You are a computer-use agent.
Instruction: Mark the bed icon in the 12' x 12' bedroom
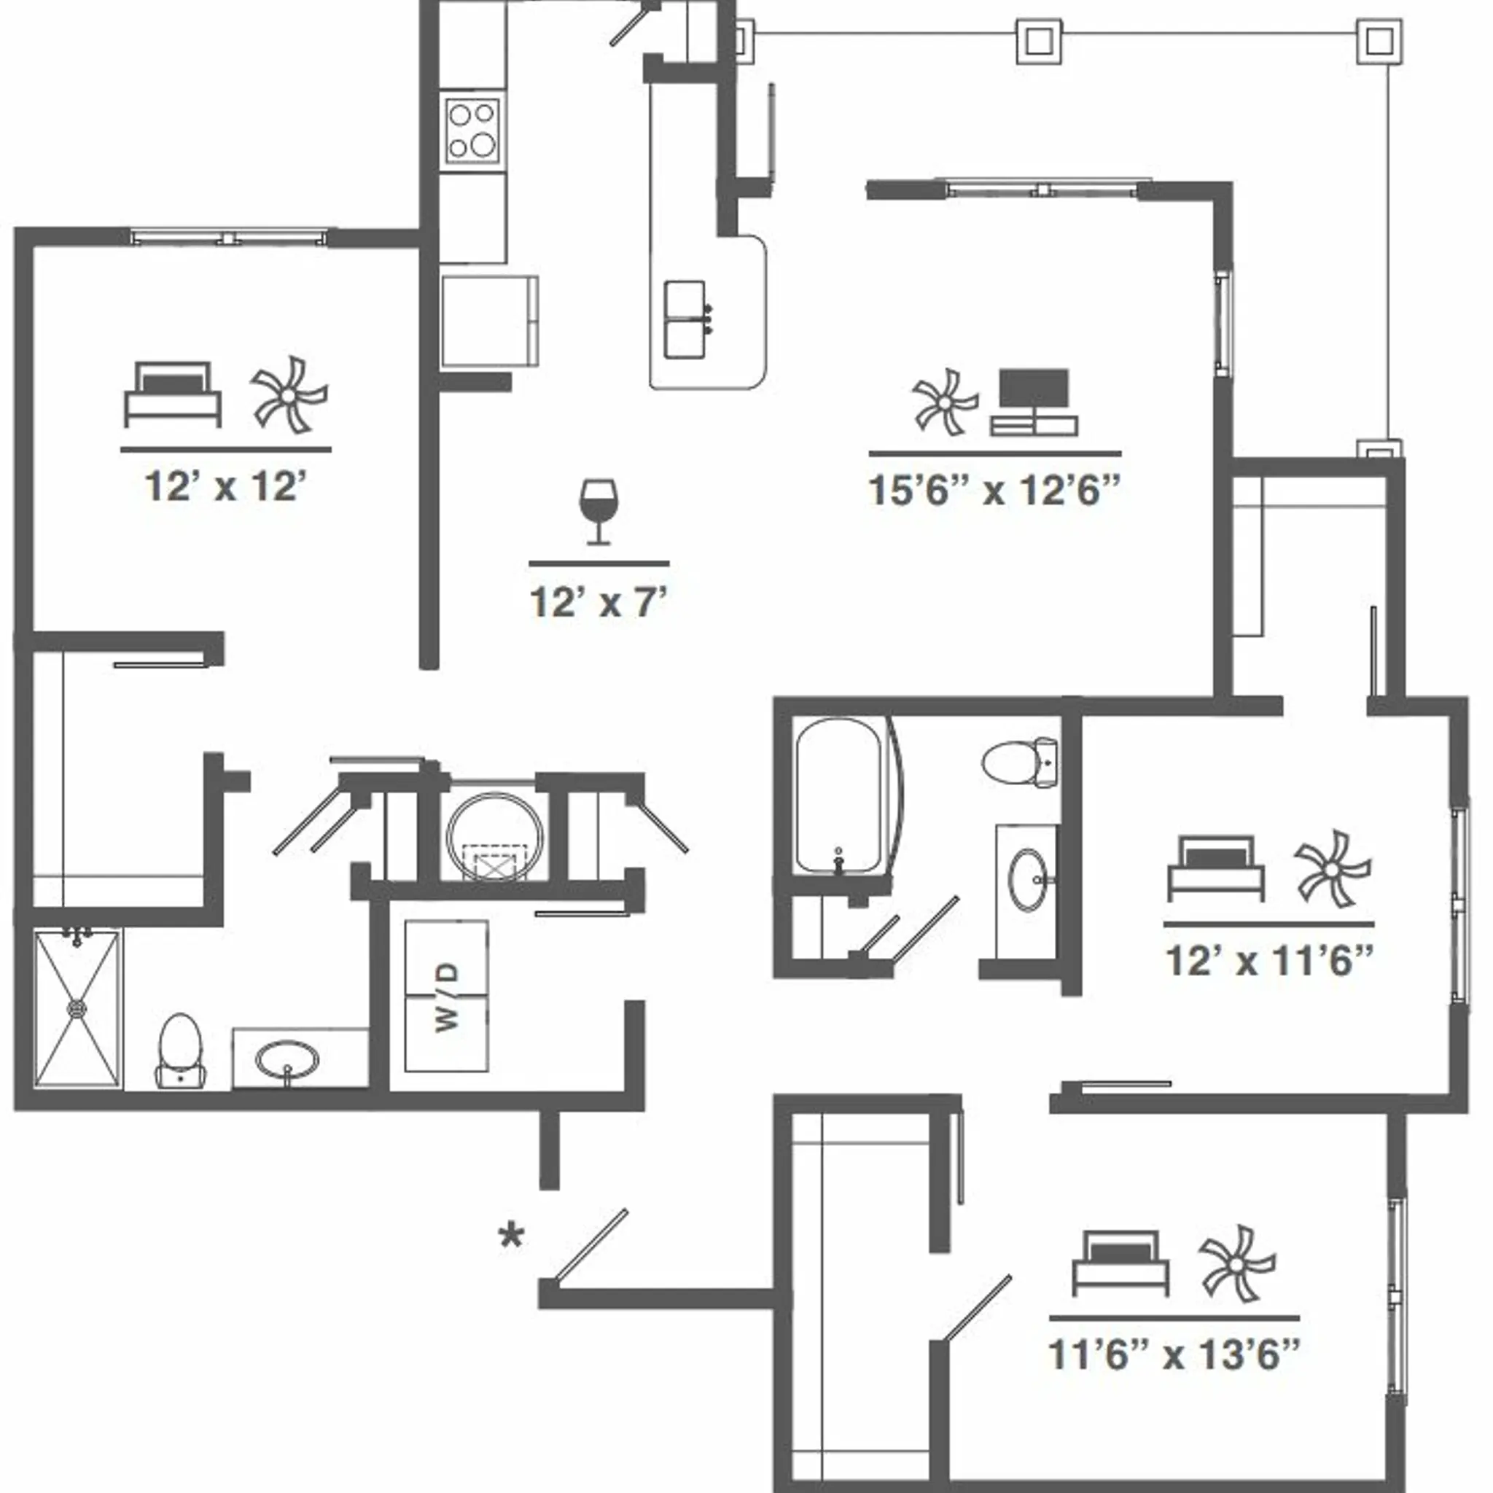pos(173,396)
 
